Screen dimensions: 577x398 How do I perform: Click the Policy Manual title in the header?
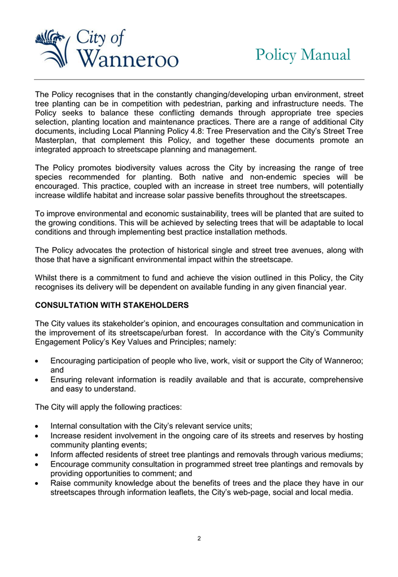click(x=303, y=55)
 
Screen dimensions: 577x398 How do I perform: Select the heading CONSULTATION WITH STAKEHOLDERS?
click(x=112, y=305)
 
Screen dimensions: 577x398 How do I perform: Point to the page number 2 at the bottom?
click(x=199, y=538)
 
